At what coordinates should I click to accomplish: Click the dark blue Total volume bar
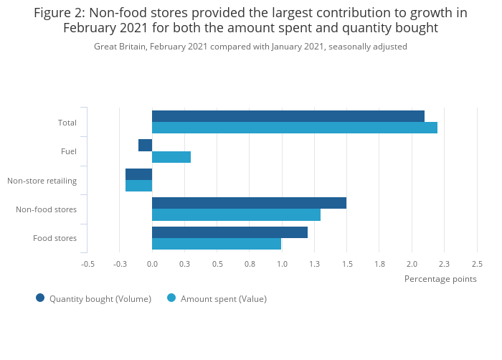(x=288, y=116)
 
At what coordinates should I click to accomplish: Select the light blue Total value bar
(x=294, y=128)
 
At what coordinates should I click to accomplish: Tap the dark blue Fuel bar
(x=145, y=146)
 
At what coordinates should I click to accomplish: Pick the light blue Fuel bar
(x=171, y=157)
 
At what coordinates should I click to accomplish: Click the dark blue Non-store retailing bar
(x=138, y=174)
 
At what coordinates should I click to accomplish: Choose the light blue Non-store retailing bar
(x=138, y=186)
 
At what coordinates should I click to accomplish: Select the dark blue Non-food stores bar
(x=249, y=203)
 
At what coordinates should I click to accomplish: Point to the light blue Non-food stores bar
(x=236, y=214)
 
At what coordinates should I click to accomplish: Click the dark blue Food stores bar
(x=229, y=232)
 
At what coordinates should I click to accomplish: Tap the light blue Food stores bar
(x=217, y=244)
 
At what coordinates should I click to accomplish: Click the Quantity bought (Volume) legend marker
(x=40, y=298)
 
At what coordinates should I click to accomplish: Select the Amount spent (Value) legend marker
(x=171, y=298)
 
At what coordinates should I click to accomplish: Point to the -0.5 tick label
(x=87, y=264)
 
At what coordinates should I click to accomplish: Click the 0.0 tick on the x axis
(x=152, y=264)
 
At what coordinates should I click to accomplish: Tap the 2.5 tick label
(x=477, y=264)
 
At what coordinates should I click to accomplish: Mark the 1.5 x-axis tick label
(x=346, y=264)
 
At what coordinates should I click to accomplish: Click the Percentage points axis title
(x=440, y=279)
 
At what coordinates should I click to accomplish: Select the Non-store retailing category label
(x=42, y=181)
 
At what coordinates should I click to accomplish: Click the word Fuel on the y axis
(x=69, y=151)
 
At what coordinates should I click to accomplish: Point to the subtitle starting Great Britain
(x=250, y=47)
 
